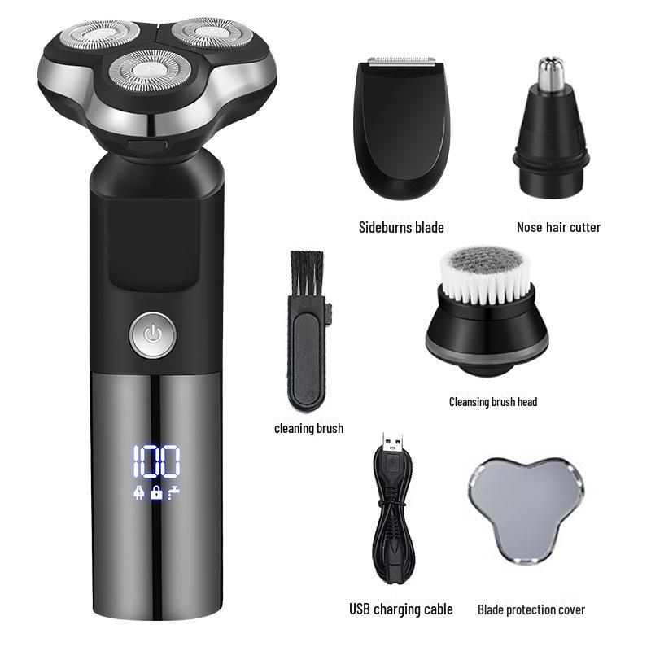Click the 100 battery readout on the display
pos(155,463)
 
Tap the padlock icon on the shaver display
pos(155,492)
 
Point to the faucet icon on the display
pos(173,492)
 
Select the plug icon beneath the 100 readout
pos(139,492)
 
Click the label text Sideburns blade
pos(401,227)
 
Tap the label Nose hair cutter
pos(558,227)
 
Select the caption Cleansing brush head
pos(493,401)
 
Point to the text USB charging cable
pos(401,609)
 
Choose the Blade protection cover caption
pos(531,609)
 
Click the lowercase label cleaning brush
pos(308,428)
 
